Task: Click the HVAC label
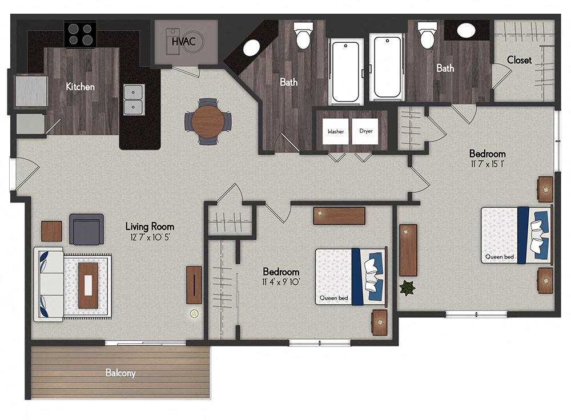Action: [x=183, y=42]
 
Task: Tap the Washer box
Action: [x=335, y=131]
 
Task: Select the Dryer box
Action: [x=365, y=131]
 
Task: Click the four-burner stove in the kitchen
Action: [x=80, y=34]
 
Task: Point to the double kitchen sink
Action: [x=134, y=99]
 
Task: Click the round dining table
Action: [x=208, y=121]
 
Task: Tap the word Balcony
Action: [x=120, y=373]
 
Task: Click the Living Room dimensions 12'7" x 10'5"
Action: [x=150, y=237]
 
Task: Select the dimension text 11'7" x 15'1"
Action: [x=487, y=164]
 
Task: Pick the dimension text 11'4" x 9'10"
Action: [x=281, y=282]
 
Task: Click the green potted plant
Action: [x=407, y=288]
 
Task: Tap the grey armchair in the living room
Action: [x=86, y=229]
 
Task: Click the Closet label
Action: [x=519, y=60]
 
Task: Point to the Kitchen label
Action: [x=80, y=87]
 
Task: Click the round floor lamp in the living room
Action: [x=195, y=313]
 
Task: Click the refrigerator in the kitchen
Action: [x=31, y=91]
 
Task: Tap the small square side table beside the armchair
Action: [x=51, y=231]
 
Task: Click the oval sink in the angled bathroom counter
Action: [x=251, y=48]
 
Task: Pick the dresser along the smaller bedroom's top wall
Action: [x=339, y=216]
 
